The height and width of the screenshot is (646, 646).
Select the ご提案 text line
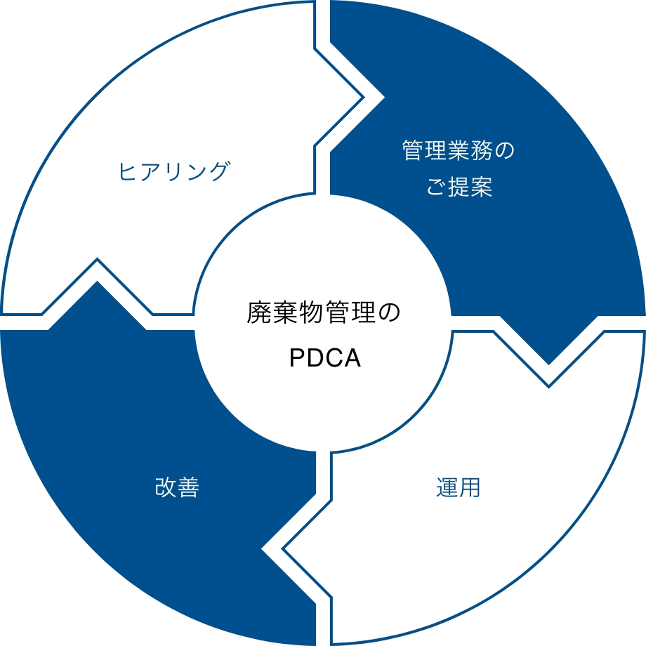coord(460,187)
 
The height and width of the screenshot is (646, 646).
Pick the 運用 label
coord(458,487)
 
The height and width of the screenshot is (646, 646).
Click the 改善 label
coord(177,487)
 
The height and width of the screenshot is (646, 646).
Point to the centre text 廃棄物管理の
coord(324,313)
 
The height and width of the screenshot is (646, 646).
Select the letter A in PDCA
coord(352,358)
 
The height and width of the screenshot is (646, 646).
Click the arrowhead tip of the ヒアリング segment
coord(363,97)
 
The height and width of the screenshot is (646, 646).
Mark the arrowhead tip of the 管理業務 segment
coord(548,364)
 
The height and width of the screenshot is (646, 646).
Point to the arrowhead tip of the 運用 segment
coord(284,548)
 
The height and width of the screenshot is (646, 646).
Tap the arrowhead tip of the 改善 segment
coord(97,282)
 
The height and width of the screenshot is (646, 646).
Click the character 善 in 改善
coord(188,487)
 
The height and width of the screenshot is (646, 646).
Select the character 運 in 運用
coord(447,487)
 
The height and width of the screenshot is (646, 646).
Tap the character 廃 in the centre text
coord(258,313)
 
